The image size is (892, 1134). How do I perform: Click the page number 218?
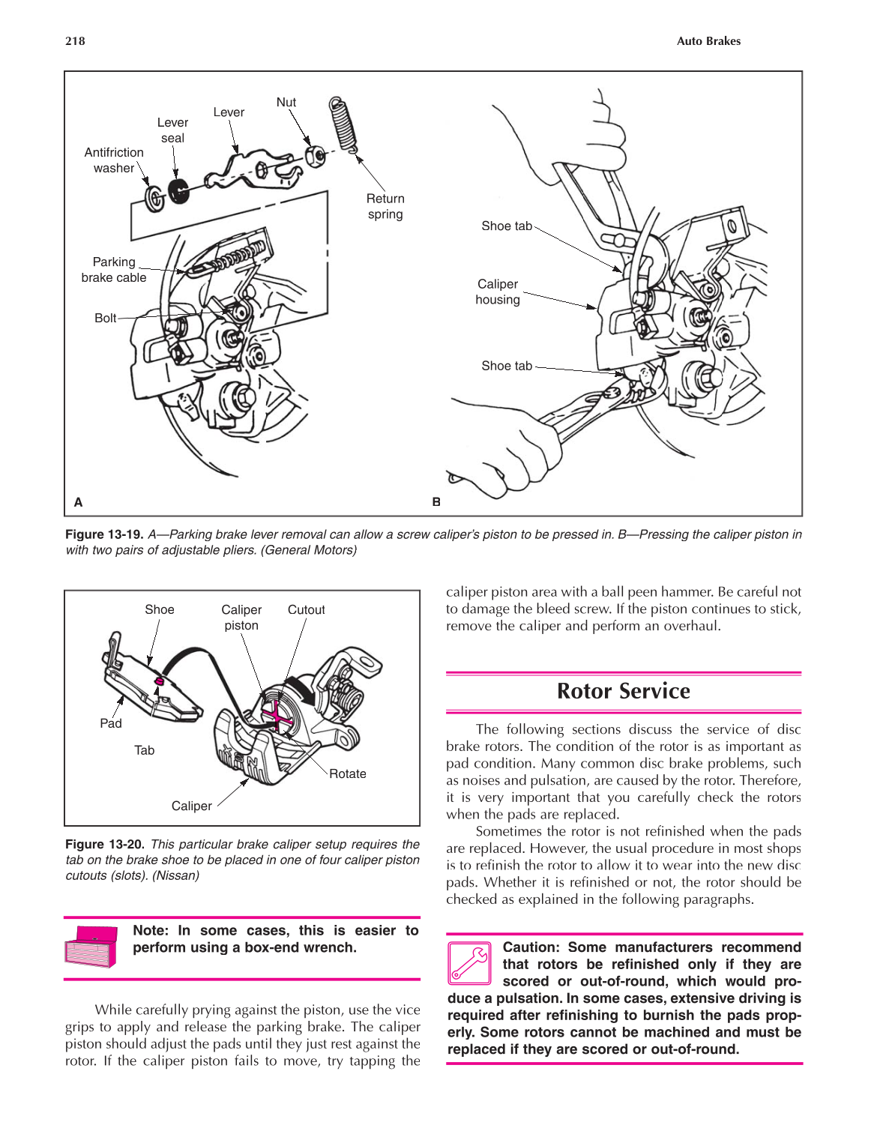click(75, 41)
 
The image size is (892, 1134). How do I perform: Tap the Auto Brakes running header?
click(708, 41)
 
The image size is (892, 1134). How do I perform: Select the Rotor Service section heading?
click(623, 691)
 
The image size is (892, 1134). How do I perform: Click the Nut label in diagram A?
click(286, 103)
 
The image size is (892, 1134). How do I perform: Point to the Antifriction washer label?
click(114, 160)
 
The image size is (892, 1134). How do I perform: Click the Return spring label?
click(385, 206)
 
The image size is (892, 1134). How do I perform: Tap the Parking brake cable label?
click(114, 270)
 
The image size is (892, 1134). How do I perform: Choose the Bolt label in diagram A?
click(105, 318)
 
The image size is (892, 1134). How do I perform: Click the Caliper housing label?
click(498, 292)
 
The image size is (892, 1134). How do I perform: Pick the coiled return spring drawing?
click(343, 124)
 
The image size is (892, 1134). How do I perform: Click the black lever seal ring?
click(178, 192)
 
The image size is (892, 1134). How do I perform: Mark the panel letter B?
click(436, 502)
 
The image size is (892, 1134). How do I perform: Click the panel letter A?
click(78, 502)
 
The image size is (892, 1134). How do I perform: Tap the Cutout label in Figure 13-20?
click(306, 610)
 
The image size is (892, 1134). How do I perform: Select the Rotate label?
click(348, 773)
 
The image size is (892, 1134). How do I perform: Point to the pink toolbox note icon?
click(91, 947)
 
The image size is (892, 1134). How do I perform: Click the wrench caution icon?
click(469, 963)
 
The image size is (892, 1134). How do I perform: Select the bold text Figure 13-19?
click(104, 534)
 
